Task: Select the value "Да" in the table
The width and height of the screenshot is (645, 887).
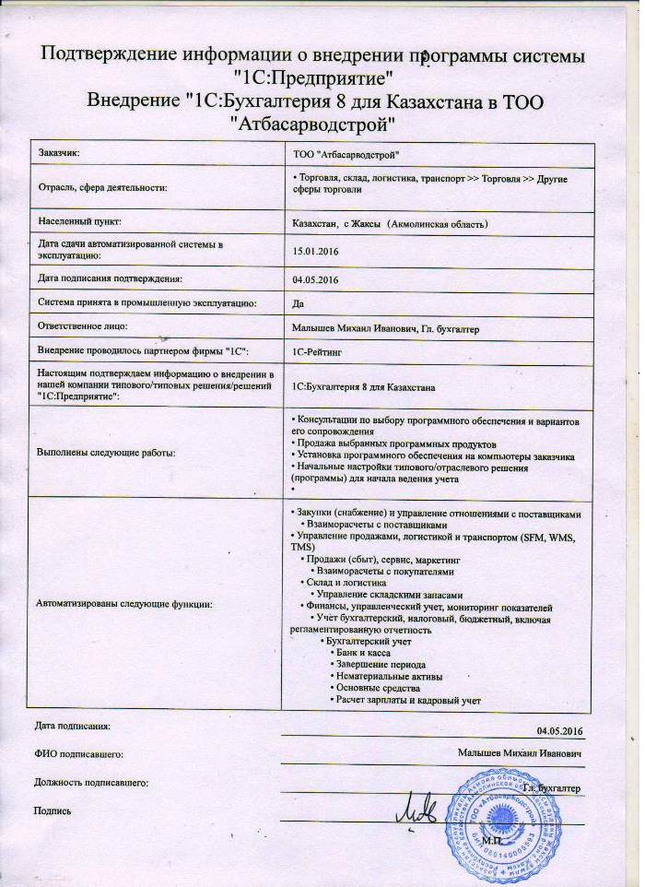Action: click(298, 302)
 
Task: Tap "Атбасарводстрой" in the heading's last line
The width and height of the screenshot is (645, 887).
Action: click(315, 122)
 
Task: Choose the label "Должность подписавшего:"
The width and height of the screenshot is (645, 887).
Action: click(90, 783)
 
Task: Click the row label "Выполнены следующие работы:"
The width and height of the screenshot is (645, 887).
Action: click(107, 453)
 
